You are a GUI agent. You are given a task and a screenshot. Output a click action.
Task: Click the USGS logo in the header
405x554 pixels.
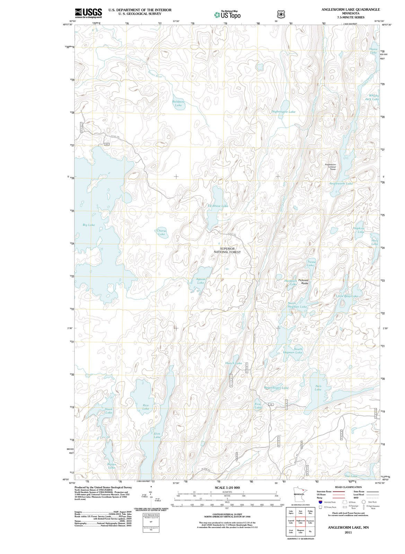89,13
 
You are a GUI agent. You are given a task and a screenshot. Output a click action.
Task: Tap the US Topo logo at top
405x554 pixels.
227,15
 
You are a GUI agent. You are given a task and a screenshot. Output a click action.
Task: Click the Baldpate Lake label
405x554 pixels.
178,103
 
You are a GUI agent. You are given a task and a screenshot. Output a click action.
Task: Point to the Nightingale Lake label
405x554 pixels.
283,112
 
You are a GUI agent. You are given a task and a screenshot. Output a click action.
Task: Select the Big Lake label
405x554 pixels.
89,225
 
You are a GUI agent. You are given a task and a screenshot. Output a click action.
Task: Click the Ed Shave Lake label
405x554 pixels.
218,206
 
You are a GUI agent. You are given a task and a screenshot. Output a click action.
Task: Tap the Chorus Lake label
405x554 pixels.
161,232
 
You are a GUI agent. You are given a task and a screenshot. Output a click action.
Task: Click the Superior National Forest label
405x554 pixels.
227,250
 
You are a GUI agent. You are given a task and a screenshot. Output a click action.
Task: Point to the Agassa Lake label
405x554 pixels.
201,281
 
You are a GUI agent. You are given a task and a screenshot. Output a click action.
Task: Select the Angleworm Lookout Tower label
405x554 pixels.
330,167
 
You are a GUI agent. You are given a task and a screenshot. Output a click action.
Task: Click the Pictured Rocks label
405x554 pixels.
303,282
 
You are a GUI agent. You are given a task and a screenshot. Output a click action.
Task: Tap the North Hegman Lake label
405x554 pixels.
297,305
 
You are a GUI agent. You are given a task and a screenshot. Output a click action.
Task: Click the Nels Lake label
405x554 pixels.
318,387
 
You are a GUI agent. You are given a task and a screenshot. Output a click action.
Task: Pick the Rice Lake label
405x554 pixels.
146,407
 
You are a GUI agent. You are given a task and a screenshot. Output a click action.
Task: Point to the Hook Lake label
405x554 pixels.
109,411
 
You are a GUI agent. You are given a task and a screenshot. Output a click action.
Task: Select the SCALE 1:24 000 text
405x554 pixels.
227,488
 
